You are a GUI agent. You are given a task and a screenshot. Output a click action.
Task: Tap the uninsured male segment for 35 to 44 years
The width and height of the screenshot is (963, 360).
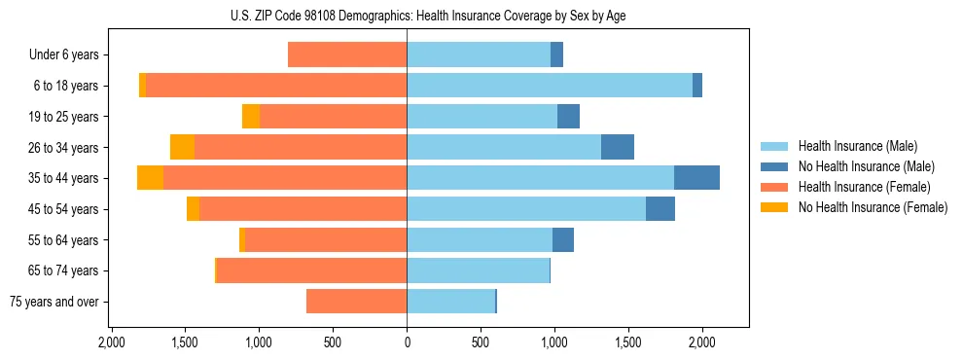tap(696, 178)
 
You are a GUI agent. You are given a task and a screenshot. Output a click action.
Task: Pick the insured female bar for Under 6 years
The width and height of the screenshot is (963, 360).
tap(347, 54)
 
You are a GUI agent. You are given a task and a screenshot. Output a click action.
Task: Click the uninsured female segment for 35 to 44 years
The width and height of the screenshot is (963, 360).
tap(150, 178)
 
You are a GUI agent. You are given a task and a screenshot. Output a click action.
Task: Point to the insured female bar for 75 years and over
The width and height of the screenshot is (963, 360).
tap(356, 302)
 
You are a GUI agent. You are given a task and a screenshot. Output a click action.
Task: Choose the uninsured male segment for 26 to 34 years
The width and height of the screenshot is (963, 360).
tap(618, 147)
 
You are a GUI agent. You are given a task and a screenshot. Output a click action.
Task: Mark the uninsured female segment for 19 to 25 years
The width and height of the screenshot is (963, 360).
tap(251, 117)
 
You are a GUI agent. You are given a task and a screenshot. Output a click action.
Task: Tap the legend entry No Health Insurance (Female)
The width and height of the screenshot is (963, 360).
tap(873, 207)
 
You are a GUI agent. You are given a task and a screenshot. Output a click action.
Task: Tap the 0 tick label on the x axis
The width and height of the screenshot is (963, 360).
tap(407, 343)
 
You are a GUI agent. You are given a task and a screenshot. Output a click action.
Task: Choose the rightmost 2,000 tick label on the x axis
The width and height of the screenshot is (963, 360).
tap(702, 343)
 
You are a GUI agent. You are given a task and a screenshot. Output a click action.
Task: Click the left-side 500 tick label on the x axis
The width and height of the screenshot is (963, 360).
tap(333, 343)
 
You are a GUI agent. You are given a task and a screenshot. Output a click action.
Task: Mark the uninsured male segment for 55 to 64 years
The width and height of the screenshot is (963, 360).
tap(563, 239)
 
